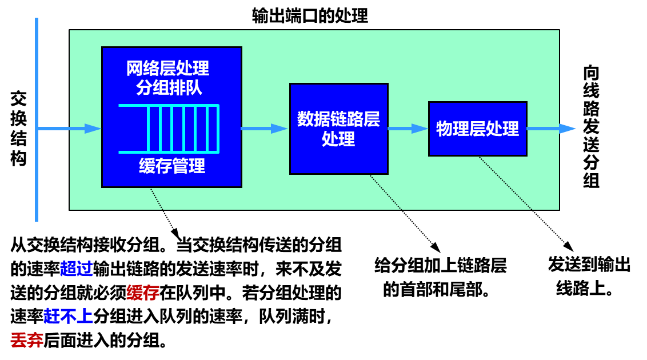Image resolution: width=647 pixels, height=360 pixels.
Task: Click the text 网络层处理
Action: pyautogui.click(x=167, y=69)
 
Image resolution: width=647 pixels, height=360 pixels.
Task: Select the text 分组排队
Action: pyautogui.click(x=169, y=87)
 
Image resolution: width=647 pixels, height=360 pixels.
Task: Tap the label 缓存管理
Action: pyautogui.click(x=171, y=166)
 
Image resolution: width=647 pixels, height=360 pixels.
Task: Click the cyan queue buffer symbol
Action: pyautogui.click(x=169, y=129)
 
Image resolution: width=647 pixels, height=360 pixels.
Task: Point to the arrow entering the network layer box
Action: pyautogui.click(x=69, y=129)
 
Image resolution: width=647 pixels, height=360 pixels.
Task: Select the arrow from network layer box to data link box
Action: pyautogui.click(x=264, y=129)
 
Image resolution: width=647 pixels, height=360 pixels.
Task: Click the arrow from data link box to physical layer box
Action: pyautogui.click(x=408, y=129)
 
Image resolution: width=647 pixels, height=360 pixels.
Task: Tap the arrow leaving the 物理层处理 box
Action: pyautogui.click(x=551, y=129)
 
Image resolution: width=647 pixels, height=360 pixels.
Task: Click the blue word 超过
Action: pyautogui.click(x=77, y=269)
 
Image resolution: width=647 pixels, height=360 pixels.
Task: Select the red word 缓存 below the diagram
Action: pyautogui.click(x=143, y=293)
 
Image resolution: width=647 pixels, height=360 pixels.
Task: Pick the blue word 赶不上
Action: pyautogui.click(x=69, y=317)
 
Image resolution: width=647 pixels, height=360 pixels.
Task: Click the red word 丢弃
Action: pyautogui.click(x=27, y=341)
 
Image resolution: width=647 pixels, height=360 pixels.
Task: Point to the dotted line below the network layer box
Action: pyautogui.click(x=157, y=199)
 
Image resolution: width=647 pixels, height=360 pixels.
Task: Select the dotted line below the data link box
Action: pyautogui.click(x=385, y=192)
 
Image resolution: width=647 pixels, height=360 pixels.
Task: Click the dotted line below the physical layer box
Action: pyautogui.click(x=505, y=183)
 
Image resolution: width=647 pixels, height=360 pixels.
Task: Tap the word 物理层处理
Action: pyautogui.click(x=477, y=129)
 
